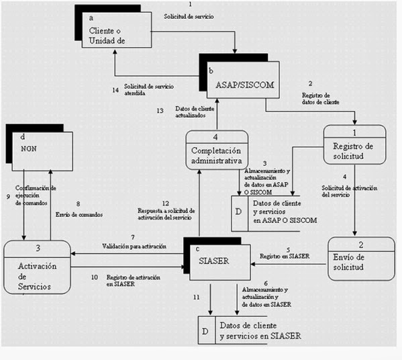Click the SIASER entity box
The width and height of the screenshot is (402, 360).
[217, 261]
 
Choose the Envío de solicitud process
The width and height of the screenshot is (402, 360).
[361, 259]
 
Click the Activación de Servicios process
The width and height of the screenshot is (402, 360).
[36, 268]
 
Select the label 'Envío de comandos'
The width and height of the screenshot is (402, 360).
[78, 214]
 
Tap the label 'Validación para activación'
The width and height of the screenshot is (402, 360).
[134, 246]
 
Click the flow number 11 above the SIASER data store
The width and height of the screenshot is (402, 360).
[196, 296]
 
